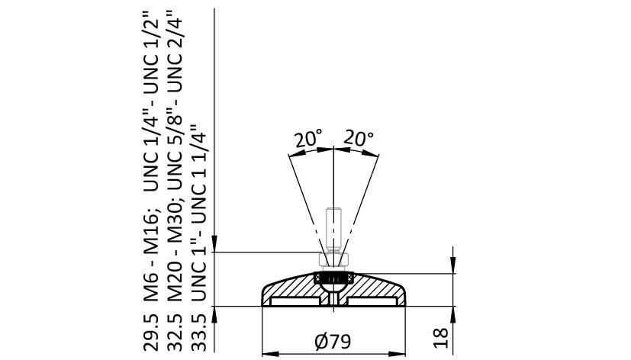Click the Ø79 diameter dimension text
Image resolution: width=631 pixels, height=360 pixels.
pyautogui.click(x=333, y=342)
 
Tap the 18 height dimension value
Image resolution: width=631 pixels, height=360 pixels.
pyautogui.click(x=441, y=338)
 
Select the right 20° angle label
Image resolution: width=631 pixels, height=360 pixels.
pyautogui.click(x=359, y=138)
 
